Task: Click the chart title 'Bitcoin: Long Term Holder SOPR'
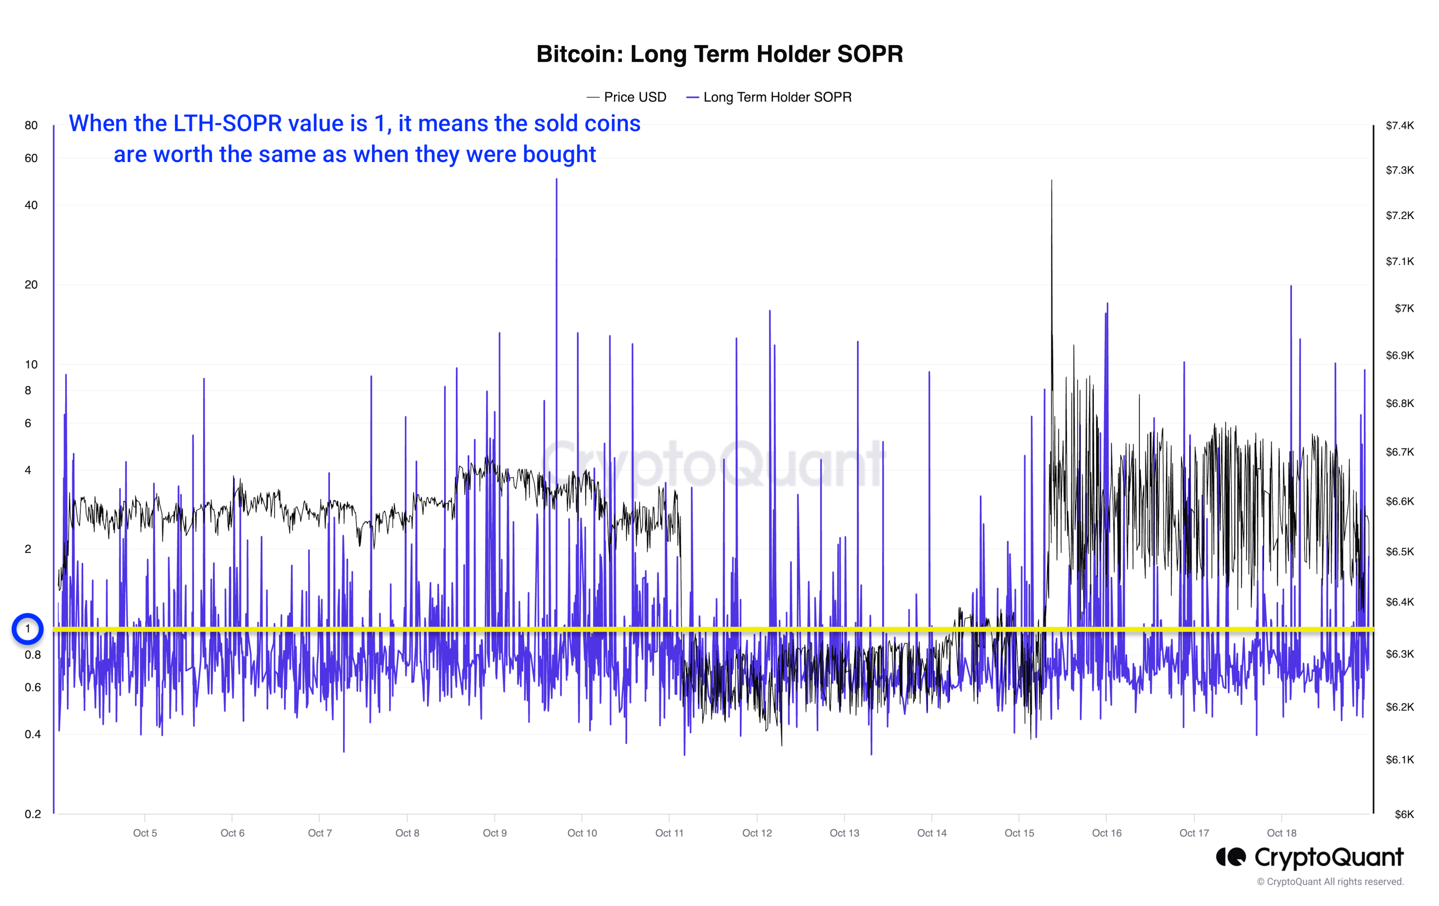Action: (719, 54)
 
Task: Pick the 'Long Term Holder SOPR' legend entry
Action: (777, 97)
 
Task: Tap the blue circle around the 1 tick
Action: (28, 629)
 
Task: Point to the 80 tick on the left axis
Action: (31, 125)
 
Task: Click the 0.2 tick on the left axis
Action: (32, 813)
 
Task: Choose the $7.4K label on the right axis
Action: (1400, 125)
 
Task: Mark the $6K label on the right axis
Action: (1404, 814)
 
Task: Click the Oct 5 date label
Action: (145, 833)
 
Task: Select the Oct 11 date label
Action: (669, 833)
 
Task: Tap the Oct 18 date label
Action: (1281, 833)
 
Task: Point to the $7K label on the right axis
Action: (1404, 308)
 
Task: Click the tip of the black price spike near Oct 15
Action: (1051, 180)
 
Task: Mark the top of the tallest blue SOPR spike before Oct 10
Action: (556, 179)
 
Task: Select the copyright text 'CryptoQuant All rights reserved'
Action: (1335, 882)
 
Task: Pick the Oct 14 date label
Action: (932, 833)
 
